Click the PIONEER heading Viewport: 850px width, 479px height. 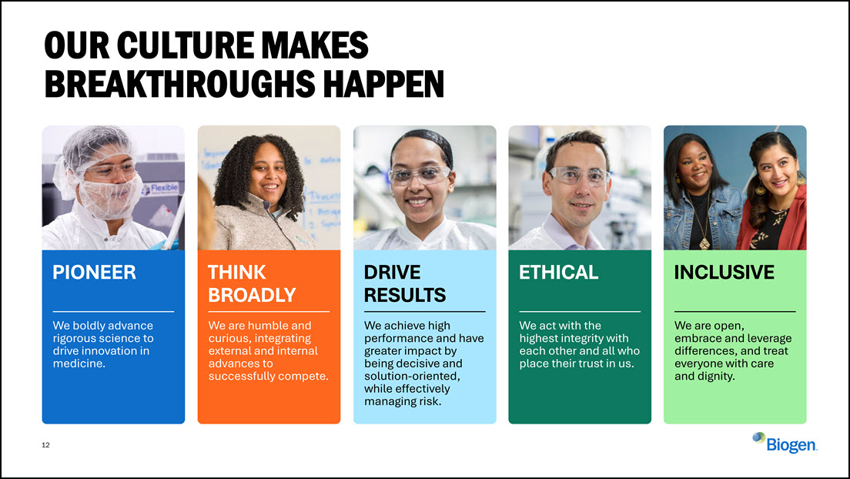[95, 273]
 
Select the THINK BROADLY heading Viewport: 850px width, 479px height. [252, 283]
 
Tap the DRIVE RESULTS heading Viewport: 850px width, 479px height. [405, 283]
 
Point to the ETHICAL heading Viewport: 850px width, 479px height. [558, 273]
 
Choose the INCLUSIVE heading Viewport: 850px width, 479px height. [725, 273]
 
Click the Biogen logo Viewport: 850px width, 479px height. [785, 443]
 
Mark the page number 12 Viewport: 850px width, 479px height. [45, 445]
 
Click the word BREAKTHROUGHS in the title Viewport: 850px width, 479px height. [180, 83]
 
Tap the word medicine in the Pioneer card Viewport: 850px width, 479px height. [78, 363]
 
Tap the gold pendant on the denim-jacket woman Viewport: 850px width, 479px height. [704, 243]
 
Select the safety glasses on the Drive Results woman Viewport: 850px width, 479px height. [419, 175]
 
